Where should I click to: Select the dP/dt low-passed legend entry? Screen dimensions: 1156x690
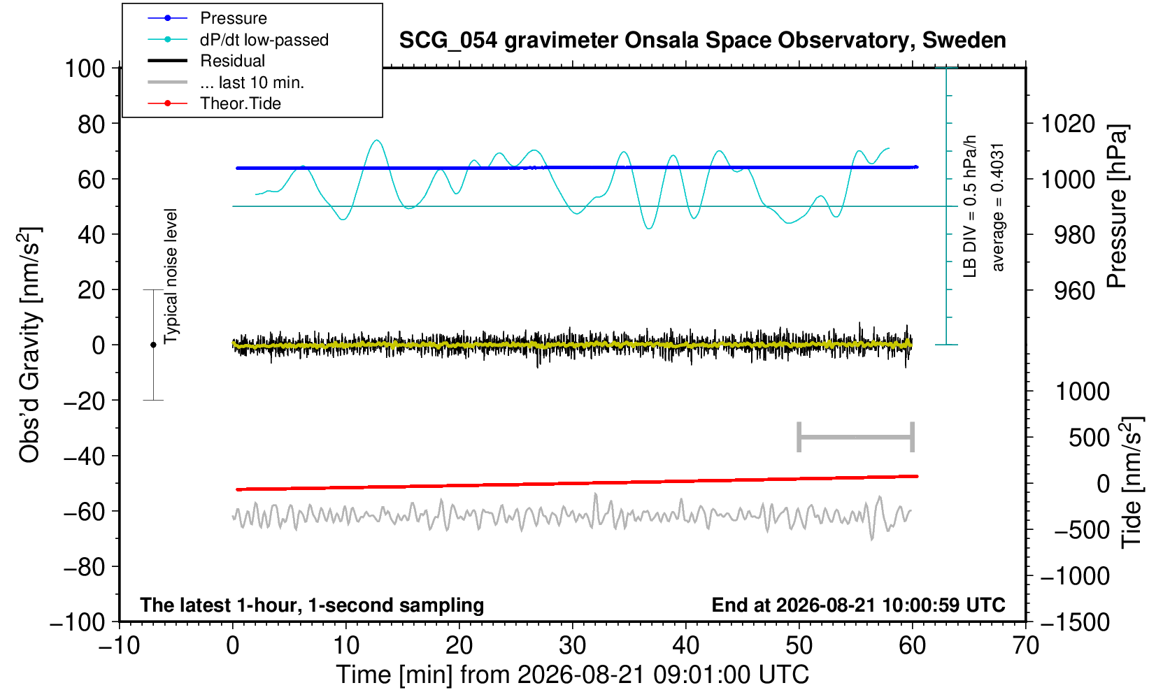[238, 40]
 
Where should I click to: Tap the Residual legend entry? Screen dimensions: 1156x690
[206, 61]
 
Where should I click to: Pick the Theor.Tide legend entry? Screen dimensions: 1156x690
[214, 103]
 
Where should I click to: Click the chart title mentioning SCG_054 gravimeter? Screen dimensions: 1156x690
[702, 41]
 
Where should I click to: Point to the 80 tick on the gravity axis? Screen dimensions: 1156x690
[92, 124]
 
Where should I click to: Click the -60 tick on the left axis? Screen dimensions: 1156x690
[84, 512]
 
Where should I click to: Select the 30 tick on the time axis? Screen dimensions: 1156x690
[572, 646]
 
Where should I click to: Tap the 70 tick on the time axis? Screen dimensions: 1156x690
[1025, 646]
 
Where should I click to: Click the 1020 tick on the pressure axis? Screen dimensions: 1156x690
[1068, 124]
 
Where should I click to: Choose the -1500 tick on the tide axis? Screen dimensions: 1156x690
[1075, 622]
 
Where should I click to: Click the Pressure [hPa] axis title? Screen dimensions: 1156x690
[1118, 206]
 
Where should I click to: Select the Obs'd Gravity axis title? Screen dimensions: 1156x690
[29, 345]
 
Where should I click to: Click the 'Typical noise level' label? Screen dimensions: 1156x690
[171, 276]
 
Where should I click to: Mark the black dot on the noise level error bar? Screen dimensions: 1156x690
[153, 345]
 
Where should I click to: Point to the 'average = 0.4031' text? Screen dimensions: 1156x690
[998, 207]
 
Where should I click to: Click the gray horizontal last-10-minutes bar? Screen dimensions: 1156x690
[856, 437]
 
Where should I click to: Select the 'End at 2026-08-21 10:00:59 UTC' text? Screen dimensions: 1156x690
[858, 605]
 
